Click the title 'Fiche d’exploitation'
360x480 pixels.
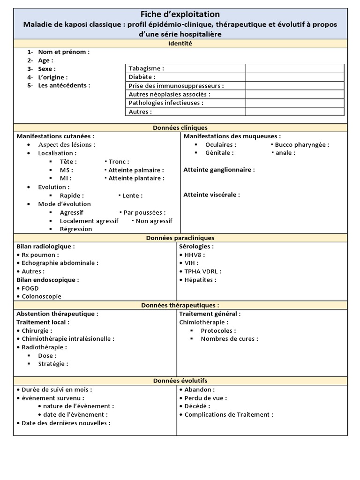click(x=180, y=15)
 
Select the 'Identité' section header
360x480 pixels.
click(x=180, y=44)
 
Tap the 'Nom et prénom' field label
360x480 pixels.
click(x=63, y=52)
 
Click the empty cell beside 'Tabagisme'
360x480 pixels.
click(x=294, y=68)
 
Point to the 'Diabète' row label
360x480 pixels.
click(x=142, y=77)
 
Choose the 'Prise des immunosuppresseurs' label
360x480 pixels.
click(x=176, y=86)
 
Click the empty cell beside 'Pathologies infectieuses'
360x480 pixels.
click(x=294, y=103)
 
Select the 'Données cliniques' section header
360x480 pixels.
click(x=180, y=127)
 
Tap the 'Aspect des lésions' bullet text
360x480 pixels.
click(x=67, y=145)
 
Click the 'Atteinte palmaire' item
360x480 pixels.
click(x=136, y=170)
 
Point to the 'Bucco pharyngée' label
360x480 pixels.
click(x=302, y=145)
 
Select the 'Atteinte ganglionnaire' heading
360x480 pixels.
click(x=219, y=170)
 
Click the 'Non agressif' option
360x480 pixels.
click(x=154, y=221)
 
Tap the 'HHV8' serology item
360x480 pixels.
click(x=195, y=255)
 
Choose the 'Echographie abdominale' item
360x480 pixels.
click(x=60, y=263)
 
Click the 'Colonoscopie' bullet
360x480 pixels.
click(x=41, y=296)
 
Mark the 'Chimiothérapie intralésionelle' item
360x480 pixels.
click(x=68, y=339)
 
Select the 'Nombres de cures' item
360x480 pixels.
click(x=229, y=339)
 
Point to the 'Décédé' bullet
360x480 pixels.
click(x=197, y=406)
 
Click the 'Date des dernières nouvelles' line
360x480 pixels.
click(x=66, y=423)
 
